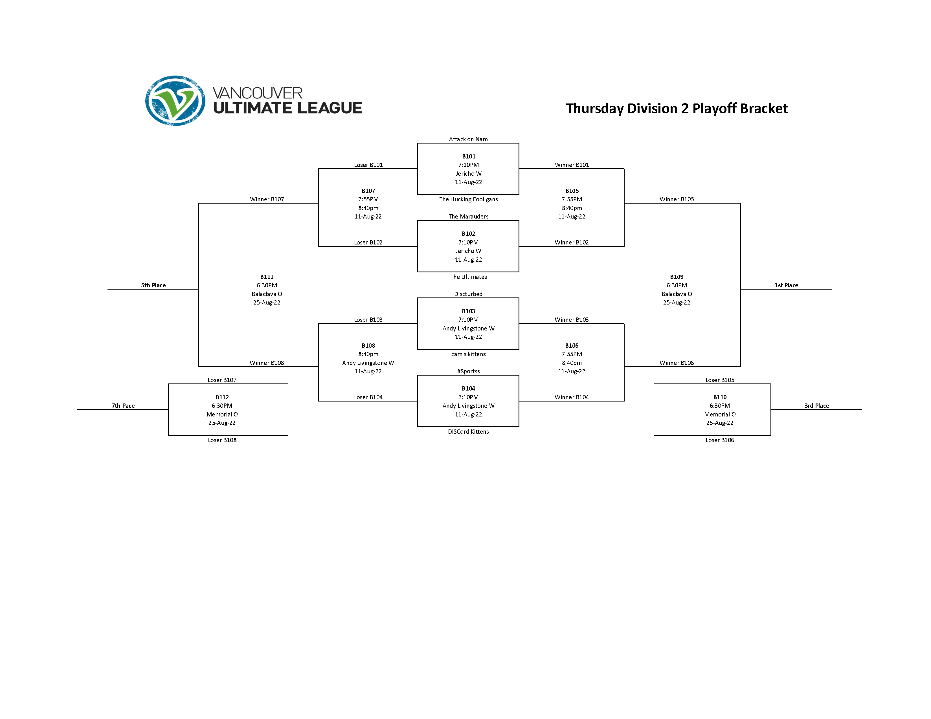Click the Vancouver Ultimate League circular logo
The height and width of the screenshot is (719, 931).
(x=175, y=101)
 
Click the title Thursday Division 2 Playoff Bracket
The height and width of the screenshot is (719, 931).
(x=677, y=109)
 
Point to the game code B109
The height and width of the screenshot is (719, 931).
(x=677, y=277)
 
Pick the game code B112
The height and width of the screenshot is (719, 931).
(x=222, y=397)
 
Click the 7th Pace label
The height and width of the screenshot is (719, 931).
(x=123, y=405)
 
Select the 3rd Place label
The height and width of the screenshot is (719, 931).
(x=816, y=405)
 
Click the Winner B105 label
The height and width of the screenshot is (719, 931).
(x=677, y=199)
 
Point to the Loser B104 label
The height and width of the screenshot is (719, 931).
(x=368, y=397)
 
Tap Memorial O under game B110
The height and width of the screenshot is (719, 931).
(x=720, y=414)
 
